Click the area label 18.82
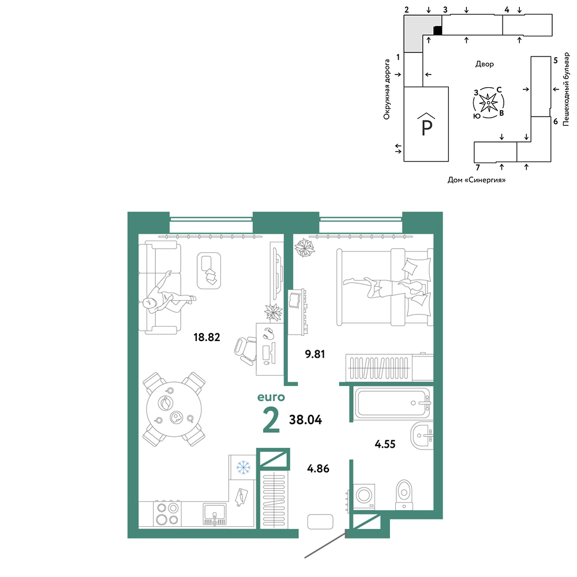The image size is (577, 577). tap(207, 337)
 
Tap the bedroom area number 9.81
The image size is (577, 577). tap(315, 354)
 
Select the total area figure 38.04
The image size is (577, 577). tap(305, 419)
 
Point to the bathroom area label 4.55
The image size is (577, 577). tap(385, 444)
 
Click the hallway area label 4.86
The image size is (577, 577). tap(319, 469)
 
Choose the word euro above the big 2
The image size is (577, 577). tap(271, 397)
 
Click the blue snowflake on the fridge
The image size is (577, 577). tap(243, 467)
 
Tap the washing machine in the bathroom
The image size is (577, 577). tap(364, 496)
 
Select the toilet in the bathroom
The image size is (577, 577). tap(404, 495)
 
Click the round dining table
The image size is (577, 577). tap(174, 409)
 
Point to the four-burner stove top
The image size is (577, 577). tap(167, 514)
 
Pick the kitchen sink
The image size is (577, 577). tap(215, 514)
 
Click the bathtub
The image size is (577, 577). tap(392, 403)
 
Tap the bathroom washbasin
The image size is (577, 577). tap(422, 436)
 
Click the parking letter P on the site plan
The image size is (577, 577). tap(426, 128)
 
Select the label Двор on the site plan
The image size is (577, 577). tap(485, 64)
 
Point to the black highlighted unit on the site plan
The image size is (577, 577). tap(437, 31)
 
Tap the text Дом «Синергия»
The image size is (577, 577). tap(477, 180)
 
